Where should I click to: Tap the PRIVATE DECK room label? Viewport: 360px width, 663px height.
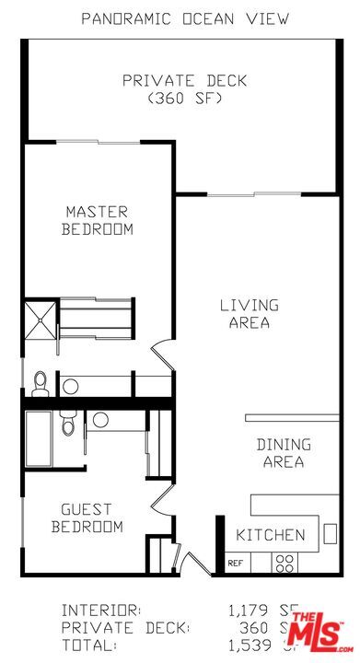pos(184,81)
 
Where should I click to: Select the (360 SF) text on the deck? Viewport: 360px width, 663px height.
pos(184,99)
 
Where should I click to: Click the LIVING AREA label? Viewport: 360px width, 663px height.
pos(250,313)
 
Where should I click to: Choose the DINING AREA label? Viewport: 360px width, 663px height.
pos(284,453)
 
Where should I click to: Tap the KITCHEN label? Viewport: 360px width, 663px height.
pos(271,535)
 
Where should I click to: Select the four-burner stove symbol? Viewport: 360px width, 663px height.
pos(285,561)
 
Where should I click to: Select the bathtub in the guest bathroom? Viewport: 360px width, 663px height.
pos(40,438)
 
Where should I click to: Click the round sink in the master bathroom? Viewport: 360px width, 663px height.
pos(70,384)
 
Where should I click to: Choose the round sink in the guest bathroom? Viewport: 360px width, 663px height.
pos(99,420)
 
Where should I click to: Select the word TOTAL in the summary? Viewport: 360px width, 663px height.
pos(88,646)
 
